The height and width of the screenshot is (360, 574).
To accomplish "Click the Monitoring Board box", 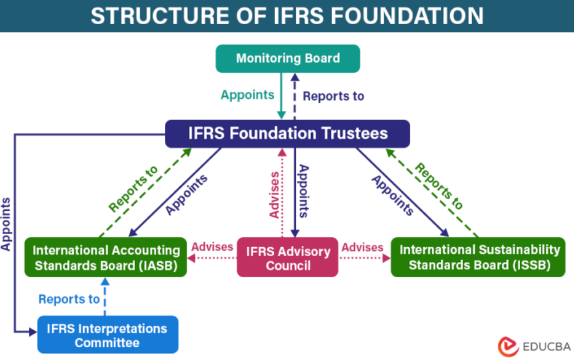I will [x=288, y=59].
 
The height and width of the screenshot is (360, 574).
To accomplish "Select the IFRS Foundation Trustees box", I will [x=288, y=133].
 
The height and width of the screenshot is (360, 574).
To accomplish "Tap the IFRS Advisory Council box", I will [x=288, y=258].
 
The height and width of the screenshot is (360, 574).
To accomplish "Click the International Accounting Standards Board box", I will [x=106, y=258].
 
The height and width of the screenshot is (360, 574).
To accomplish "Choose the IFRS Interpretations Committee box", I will [x=107, y=335].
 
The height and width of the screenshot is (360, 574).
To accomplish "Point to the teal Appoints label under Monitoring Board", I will [x=247, y=95].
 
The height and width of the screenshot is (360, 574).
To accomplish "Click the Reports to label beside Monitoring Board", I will [x=333, y=96].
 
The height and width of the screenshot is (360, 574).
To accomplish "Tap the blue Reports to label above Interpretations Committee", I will [x=69, y=299].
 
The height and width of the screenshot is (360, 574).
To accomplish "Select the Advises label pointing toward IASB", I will [x=212, y=247].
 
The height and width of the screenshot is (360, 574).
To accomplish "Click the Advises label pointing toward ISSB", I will [x=362, y=247].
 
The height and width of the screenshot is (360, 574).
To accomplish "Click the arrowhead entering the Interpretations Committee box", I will [x=33, y=332].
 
